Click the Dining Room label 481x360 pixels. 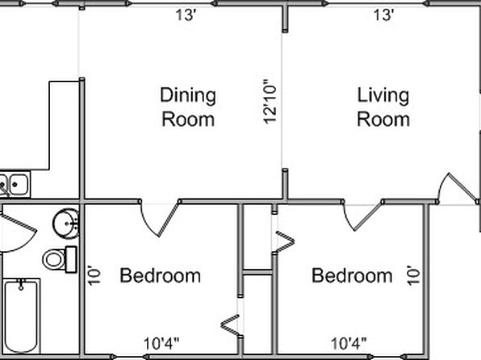pyautogui.click(x=188, y=107)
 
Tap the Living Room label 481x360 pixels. pyautogui.click(x=383, y=107)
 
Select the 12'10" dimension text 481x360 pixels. pyautogui.click(x=270, y=102)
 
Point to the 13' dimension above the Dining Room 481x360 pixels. pyautogui.click(x=186, y=15)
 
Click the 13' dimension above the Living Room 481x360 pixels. pyautogui.click(x=384, y=15)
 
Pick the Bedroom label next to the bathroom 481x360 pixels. pyautogui.click(x=160, y=275)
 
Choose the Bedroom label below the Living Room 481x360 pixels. pyautogui.click(x=352, y=275)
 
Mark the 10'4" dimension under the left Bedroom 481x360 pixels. pyautogui.click(x=161, y=343)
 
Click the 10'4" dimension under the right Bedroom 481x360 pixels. pyautogui.click(x=349, y=343)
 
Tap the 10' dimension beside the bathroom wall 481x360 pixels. pyautogui.click(x=94, y=275)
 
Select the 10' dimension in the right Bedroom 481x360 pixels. pyautogui.click(x=413, y=275)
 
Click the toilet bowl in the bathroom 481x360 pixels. pyautogui.click(x=54, y=259)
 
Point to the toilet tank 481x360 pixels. pyautogui.click(x=71, y=259)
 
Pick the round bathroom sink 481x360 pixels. pyautogui.click(x=65, y=224)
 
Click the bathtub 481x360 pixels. pyautogui.click(x=21, y=316)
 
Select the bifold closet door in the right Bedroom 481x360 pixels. pyautogui.click(x=285, y=242)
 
